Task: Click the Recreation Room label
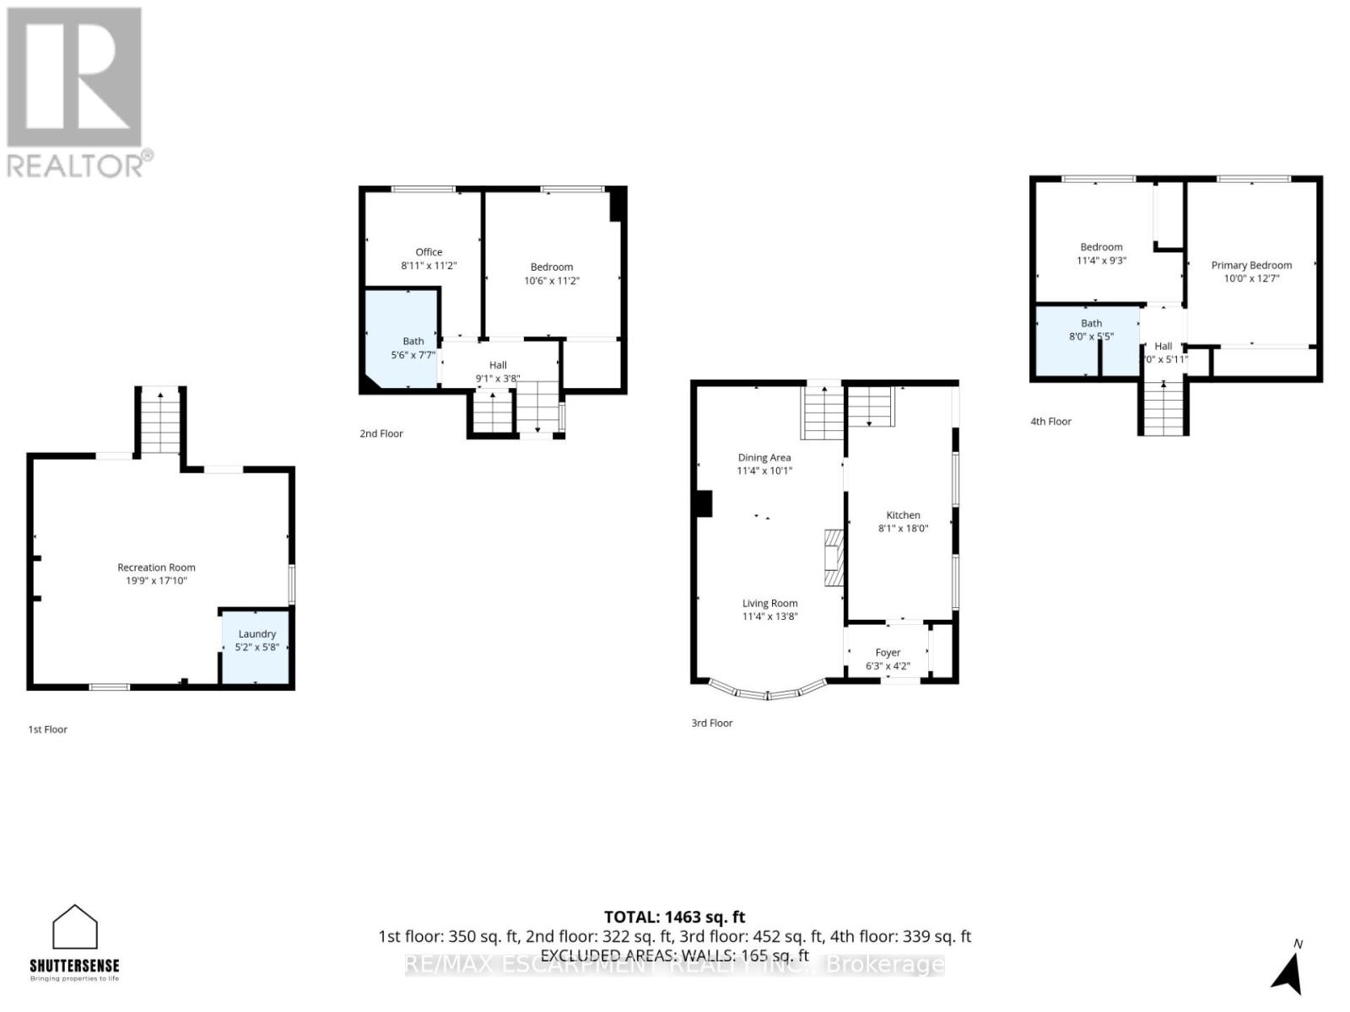(x=156, y=568)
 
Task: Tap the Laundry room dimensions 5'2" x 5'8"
(x=256, y=648)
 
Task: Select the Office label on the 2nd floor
(x=429, y=252)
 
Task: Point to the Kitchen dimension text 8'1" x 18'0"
(x=903, y=529)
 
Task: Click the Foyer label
(x=888, y=653)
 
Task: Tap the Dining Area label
(x=764, y=458)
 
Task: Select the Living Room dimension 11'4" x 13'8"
(x=769, y=616)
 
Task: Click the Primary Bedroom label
(x=1251, y=265)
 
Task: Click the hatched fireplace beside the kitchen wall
(x=834, y=557)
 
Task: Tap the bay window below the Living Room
(x=768, y=692)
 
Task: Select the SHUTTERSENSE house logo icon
(x=75, y=928)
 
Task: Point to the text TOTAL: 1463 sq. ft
(x=674, y=917)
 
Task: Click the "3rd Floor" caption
(x=711, y=723)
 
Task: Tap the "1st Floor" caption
(x=47, y=729)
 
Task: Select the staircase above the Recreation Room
(x=160, y=421)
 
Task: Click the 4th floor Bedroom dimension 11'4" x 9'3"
(x=1101, y=261)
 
